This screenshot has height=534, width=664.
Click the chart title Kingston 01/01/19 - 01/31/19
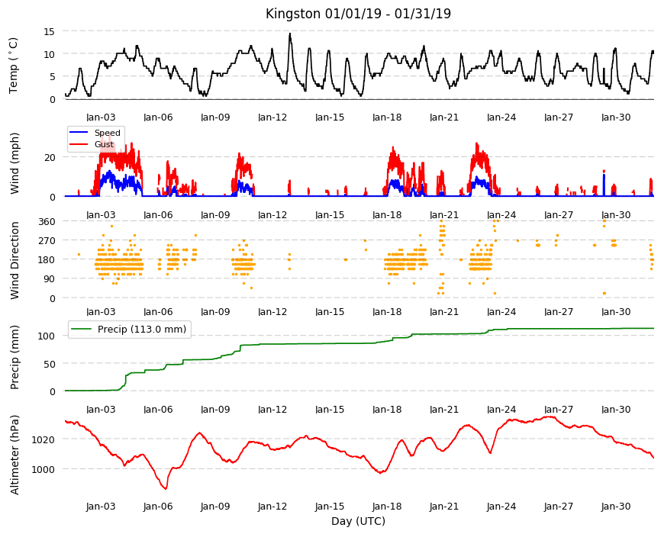[358, 14]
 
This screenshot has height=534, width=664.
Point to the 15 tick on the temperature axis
[49, 31]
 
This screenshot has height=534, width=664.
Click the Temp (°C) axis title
[14, 66]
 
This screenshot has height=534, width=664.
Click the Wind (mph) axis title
[15, 163]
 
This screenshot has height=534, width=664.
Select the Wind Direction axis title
[15, 260]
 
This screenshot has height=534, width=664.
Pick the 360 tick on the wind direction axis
[47, 221]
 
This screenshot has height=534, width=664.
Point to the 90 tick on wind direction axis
[50, 279]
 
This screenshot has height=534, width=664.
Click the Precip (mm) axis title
[15, 357]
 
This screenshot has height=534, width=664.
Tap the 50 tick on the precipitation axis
[50, 364]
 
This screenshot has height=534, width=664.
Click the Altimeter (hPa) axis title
[15, 455]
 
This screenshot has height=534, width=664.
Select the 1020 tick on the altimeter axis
[44, 439]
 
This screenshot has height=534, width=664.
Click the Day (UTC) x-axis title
[358, 521]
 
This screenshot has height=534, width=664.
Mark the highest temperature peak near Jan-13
[290, 34]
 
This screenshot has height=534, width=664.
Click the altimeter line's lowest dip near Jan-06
[166, 488]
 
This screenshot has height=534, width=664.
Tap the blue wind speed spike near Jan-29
[604, 185]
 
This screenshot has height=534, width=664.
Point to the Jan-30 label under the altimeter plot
[616, 507]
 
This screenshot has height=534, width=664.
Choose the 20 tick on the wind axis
[50, 157]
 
